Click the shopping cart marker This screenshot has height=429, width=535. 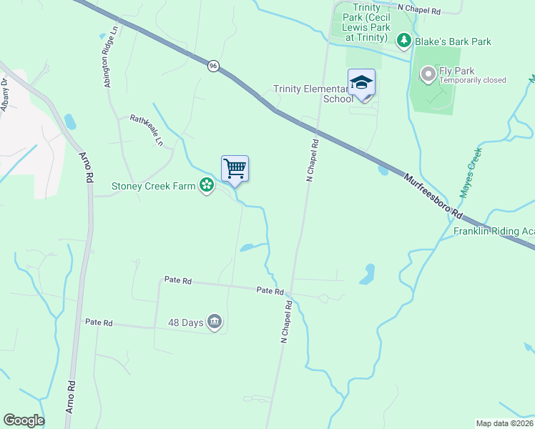tap(235, 169)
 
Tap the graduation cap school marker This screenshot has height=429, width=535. tap(361, 83)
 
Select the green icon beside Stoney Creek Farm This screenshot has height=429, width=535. tap(207, 186)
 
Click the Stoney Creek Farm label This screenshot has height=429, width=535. tap(153, 187)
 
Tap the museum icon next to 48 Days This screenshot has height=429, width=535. tap(214, 322)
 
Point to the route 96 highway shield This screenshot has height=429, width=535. tap(214, 66)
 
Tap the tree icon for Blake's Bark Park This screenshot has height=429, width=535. tap(404, 41)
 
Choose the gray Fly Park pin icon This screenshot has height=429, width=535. tap(428, 74)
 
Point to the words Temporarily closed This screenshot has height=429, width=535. tap(473, 81)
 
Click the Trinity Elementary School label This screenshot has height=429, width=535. tap(312, 94)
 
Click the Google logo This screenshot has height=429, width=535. tap(24, 420)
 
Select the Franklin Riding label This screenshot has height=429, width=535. tap(494, 232)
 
